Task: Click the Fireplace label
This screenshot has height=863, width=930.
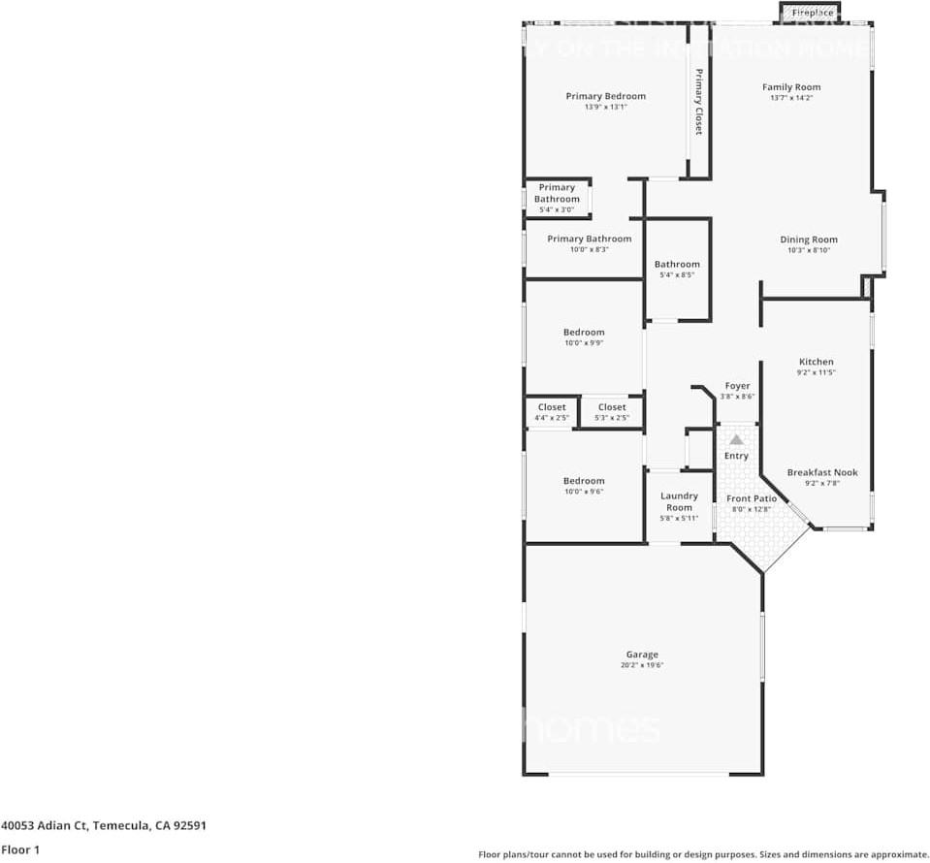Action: tap(812, 13)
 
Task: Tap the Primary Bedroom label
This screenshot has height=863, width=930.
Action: tap(606, 96)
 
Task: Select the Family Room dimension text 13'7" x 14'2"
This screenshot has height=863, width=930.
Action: tap(791, 98)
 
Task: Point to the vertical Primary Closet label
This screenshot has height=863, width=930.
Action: tap(698, 101)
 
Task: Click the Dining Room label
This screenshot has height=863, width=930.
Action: tap(809, 240)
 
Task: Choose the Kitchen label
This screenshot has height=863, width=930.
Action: tap(816, 362)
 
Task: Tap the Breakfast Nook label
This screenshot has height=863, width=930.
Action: tap(822, 472)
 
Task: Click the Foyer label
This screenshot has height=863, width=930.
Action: tap(737, 386)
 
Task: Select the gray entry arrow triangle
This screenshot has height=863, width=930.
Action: tap(736, 439)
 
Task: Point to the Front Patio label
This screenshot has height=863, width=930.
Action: tap(752, 498)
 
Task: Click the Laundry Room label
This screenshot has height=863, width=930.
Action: tap(679, 501)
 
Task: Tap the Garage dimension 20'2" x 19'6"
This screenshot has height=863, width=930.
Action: tap(642, 665)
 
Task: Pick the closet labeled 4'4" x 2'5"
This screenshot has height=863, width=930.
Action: tap(552, 418)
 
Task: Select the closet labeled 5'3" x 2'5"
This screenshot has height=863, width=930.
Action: tap(612, 418)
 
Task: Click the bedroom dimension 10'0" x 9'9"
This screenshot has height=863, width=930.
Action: tap(584, 342)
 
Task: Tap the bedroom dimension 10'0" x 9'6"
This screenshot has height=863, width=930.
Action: tap(584, 492)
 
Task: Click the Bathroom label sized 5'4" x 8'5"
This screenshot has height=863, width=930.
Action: tap(677, 264)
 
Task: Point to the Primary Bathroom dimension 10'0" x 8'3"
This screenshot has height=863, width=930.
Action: tap(589, 249)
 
